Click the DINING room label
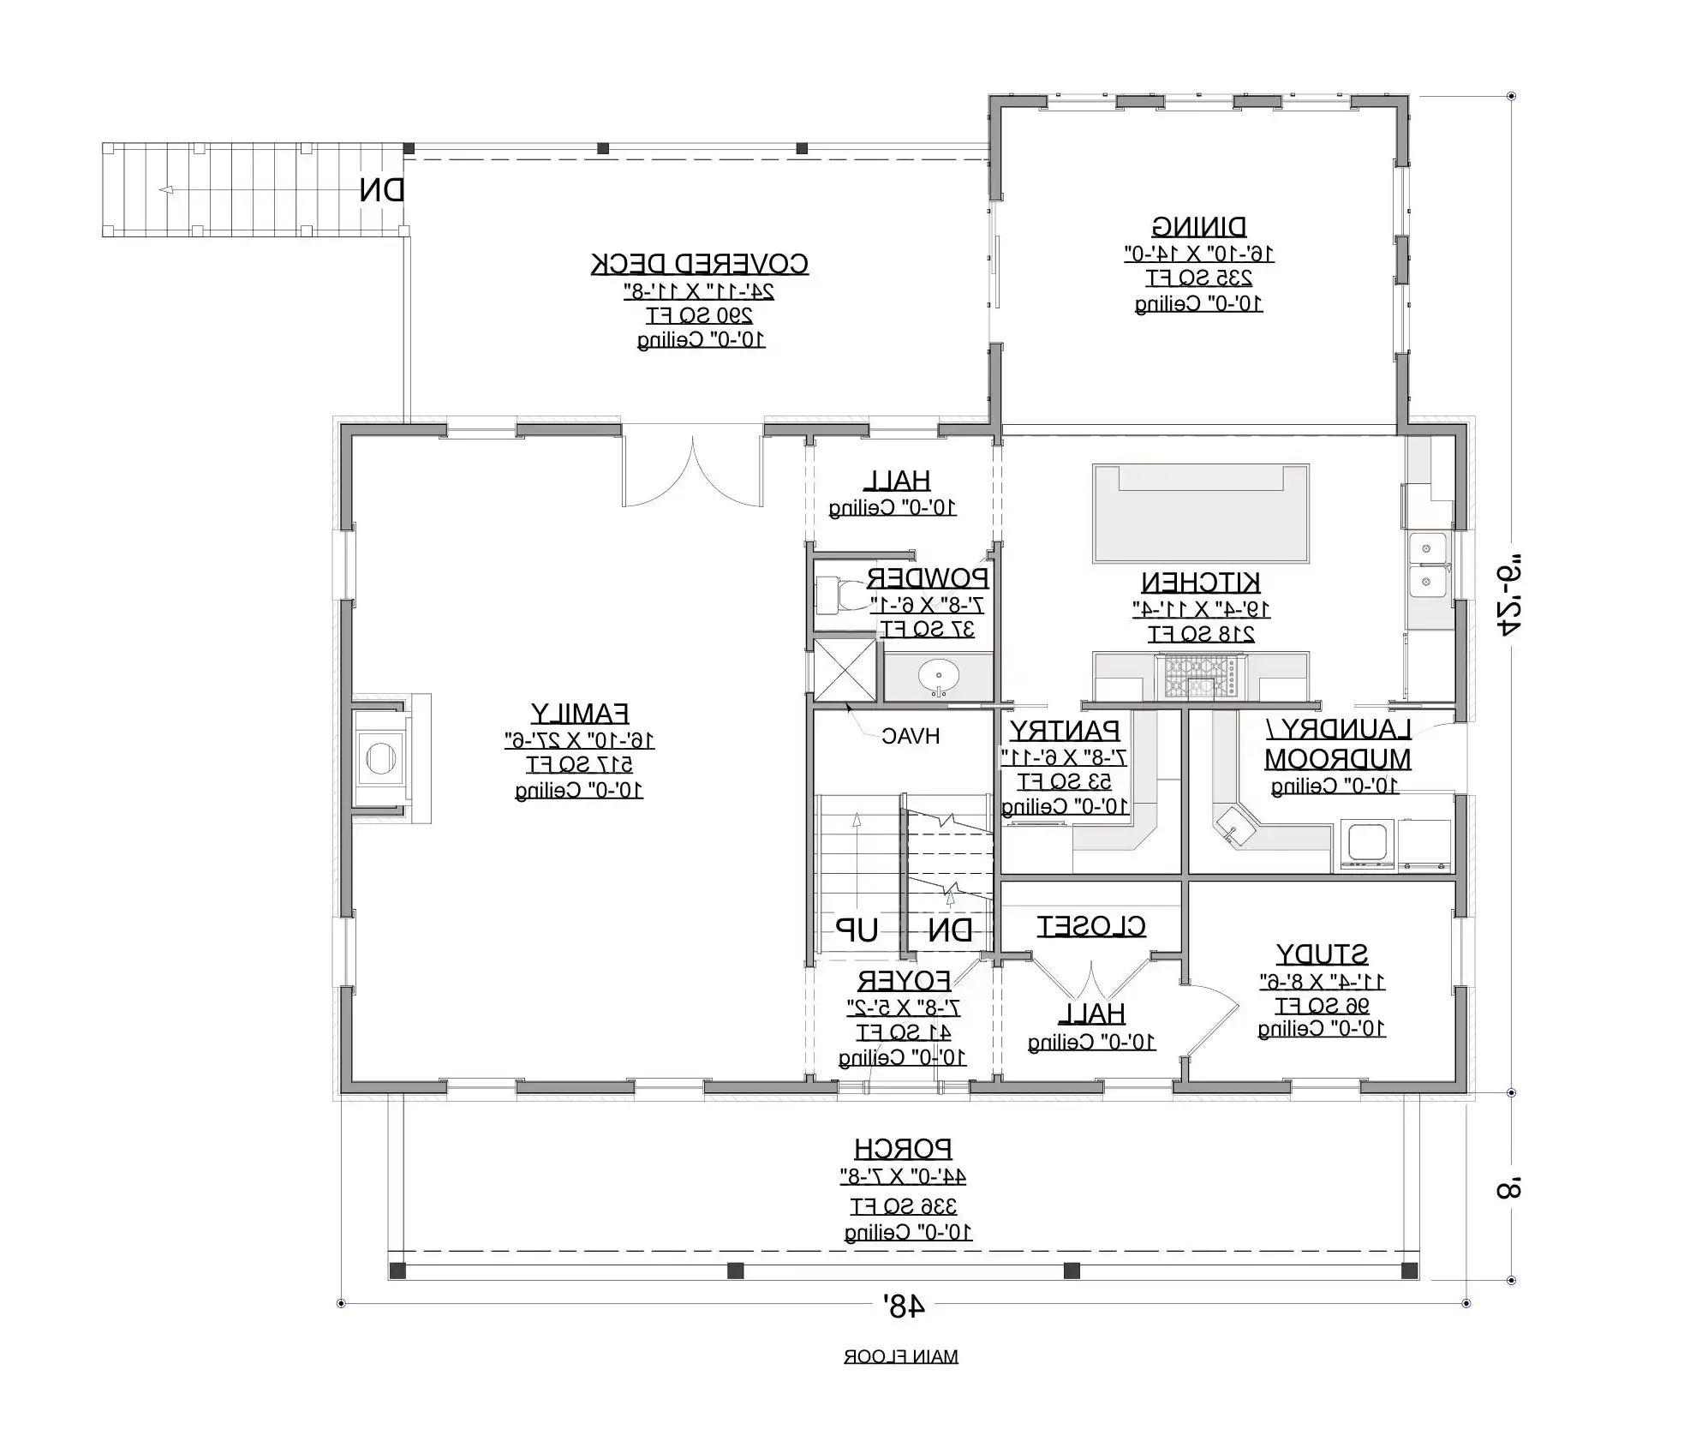pos(1198,227)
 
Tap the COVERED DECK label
pos(699,264)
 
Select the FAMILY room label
pos(579,714)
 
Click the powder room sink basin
pos(938,677)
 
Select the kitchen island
pos(1200,514)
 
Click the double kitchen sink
pos(1427,565)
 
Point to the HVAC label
pos(910,736)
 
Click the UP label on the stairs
pos(857,930)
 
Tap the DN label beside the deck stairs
pos(381,190)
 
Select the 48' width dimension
pos(904,1306)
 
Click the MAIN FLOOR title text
pos(900,1356)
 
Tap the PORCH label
pos(903,1149)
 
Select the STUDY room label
pos(1322,954)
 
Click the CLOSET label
pos(1090,926)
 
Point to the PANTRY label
pos(1064,731)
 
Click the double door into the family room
pos(692,471)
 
